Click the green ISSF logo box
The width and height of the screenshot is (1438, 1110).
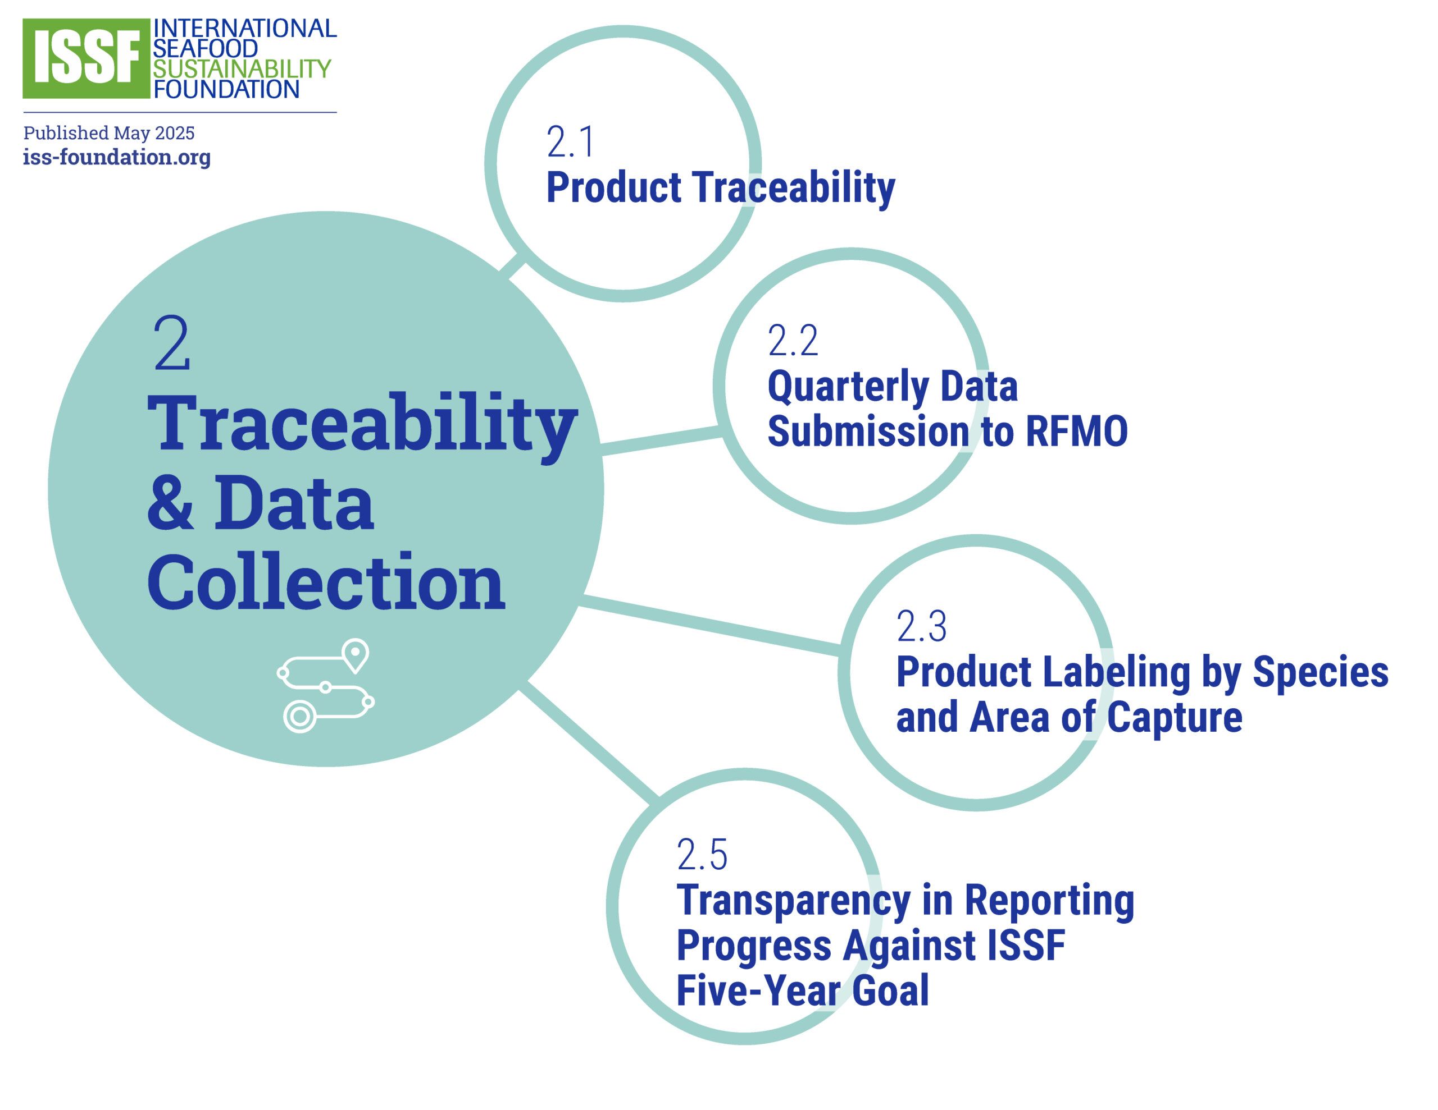pos(87,58)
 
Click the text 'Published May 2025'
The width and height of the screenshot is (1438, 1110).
pos(110,133)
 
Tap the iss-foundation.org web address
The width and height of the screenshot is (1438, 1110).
pos(117,157)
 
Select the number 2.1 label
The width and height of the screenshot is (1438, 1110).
pos(570,142)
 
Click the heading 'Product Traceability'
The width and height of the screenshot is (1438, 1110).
pos(721,187)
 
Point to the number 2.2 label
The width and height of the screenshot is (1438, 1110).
pos(793,340)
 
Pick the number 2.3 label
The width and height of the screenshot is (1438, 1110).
pos(921,626)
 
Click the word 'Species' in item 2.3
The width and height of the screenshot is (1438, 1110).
pos(1320,673)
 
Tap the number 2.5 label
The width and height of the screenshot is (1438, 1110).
pos(702,854)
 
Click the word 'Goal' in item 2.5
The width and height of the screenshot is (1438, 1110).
pos(890,990)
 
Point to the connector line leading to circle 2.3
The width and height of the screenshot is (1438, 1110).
pos(710,625)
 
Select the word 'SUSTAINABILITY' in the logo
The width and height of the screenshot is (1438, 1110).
pos(242,68)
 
